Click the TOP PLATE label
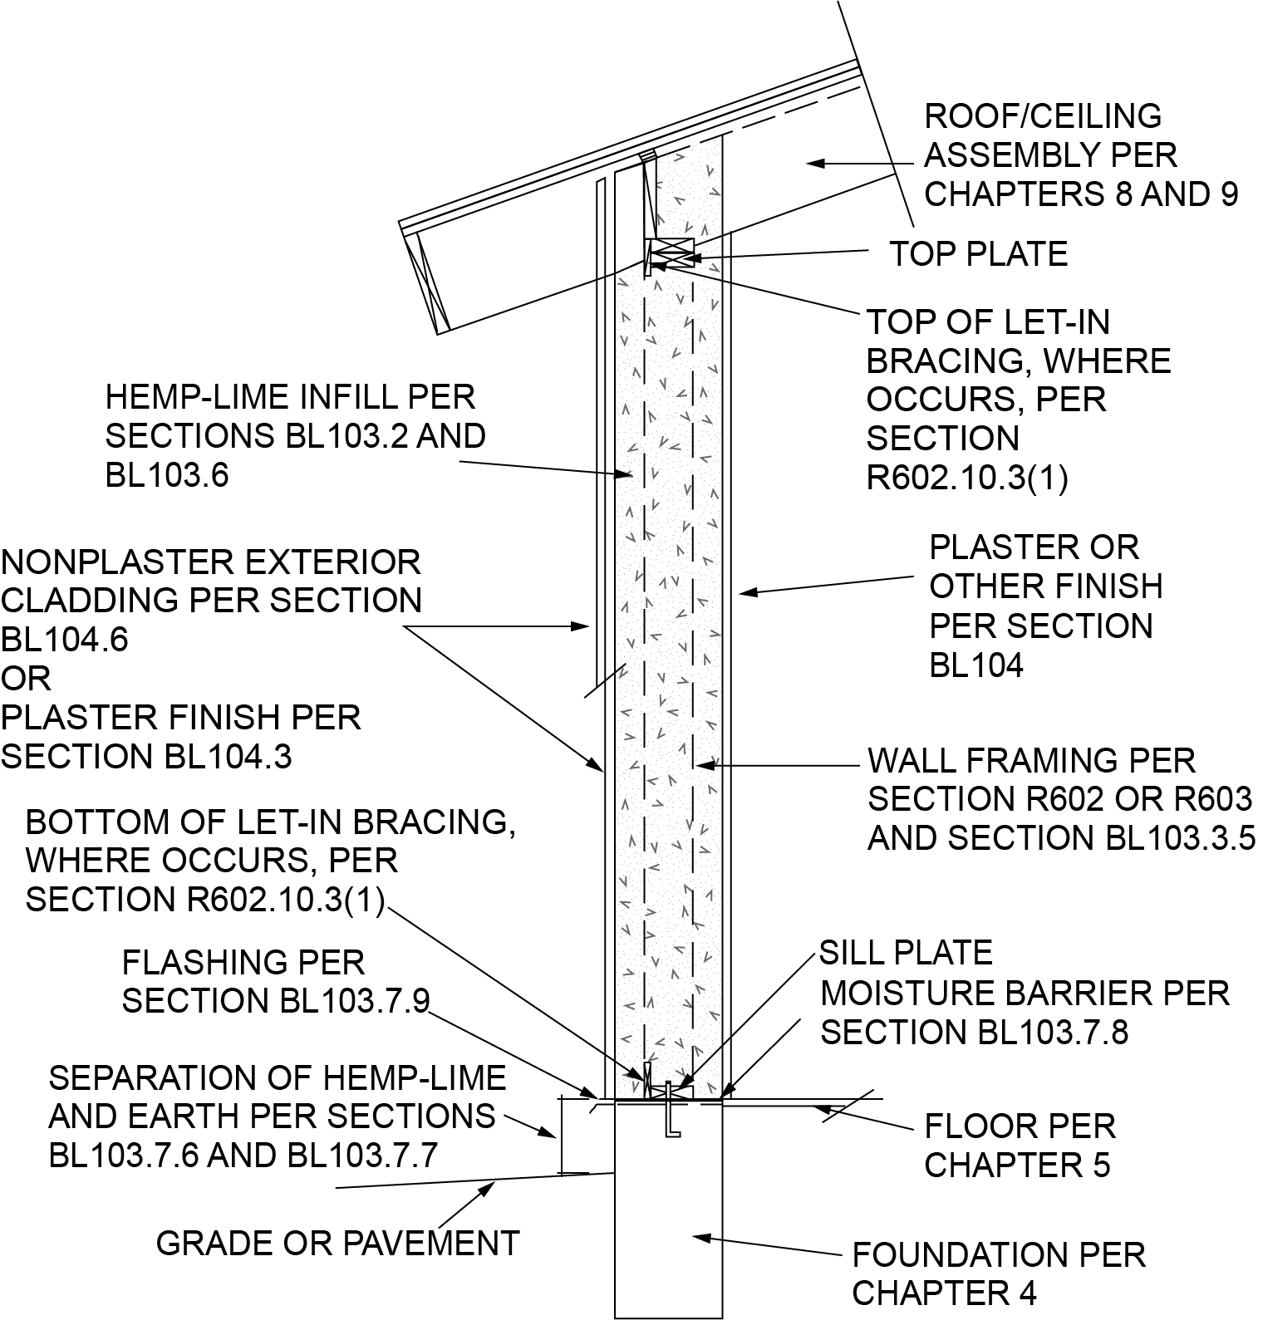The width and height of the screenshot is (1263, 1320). (x=978, y=254)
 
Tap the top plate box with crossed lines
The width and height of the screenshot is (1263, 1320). (x=670, y=251)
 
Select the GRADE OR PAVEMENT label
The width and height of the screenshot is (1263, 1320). (x=337, y=1244)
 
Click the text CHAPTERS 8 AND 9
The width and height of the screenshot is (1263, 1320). (x=1080, y=194)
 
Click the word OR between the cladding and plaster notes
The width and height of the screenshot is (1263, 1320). (x=26, y=679)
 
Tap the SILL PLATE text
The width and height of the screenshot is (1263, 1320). (x=906, y=953)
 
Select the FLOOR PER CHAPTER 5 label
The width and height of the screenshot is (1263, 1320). (x=1019, y=1146)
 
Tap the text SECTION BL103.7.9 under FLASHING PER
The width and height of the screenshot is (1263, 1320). (x=276, y=1001)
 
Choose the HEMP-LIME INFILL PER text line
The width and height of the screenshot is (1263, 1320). (x=290, y=397)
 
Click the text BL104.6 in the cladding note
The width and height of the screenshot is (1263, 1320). (x=65, y=640)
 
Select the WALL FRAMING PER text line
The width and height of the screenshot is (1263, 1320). (x=1031, y=760)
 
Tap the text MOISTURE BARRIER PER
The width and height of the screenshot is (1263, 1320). (x=1025, y=993)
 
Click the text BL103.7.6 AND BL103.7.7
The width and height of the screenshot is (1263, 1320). (x=243, y=1156)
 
